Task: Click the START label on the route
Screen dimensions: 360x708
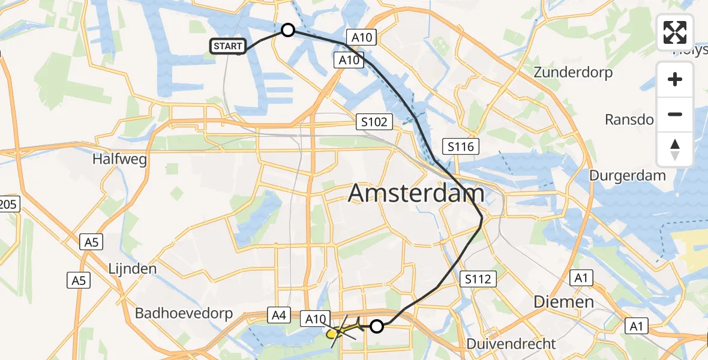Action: [227, 46]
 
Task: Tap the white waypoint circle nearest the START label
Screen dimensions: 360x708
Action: [288, 30]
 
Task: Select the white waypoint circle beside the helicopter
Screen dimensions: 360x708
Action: [377, 326]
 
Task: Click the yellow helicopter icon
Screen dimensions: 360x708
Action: [343, 329]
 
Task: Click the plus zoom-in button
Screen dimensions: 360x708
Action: [675, 80]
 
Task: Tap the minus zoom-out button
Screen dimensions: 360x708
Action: [675, 115]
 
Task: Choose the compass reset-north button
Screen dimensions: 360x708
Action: [675, 149]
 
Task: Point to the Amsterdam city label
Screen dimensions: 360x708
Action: [416, 194]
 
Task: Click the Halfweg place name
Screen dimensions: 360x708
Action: [119, 160]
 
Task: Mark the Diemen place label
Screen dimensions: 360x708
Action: [564, 301]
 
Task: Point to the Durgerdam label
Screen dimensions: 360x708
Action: [628, 176]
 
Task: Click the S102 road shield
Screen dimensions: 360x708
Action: [374, 122]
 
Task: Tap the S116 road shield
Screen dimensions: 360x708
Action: [460, 146]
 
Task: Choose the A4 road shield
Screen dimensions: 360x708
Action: [278, 314]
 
